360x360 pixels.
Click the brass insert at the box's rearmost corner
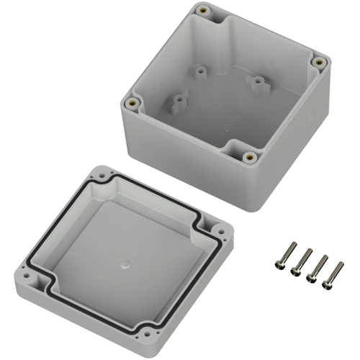[x=204, y=12]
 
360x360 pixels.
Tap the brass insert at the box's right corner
[x=318, y=61]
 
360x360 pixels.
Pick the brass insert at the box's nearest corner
[x=249, y=157]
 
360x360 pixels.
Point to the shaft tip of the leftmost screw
[x=294, y=244]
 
